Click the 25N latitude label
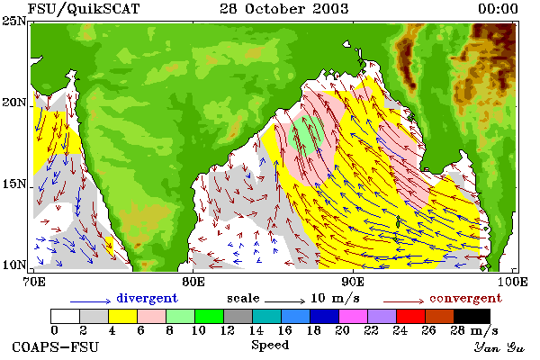14,22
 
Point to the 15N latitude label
14,184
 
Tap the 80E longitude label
193,282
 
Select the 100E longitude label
513,282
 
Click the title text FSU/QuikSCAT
84,9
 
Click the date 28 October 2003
284,9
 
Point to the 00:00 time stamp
498,9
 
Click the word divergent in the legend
147,298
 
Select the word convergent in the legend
465,298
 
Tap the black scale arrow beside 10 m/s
284,301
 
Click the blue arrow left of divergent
91,301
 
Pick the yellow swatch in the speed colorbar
122,316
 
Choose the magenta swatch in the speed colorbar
353,316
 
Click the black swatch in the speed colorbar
472,316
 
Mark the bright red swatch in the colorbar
410,316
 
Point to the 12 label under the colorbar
228,330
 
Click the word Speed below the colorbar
270,346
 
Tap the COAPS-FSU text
55,346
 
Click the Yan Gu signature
499,347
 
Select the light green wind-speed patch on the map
306,135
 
